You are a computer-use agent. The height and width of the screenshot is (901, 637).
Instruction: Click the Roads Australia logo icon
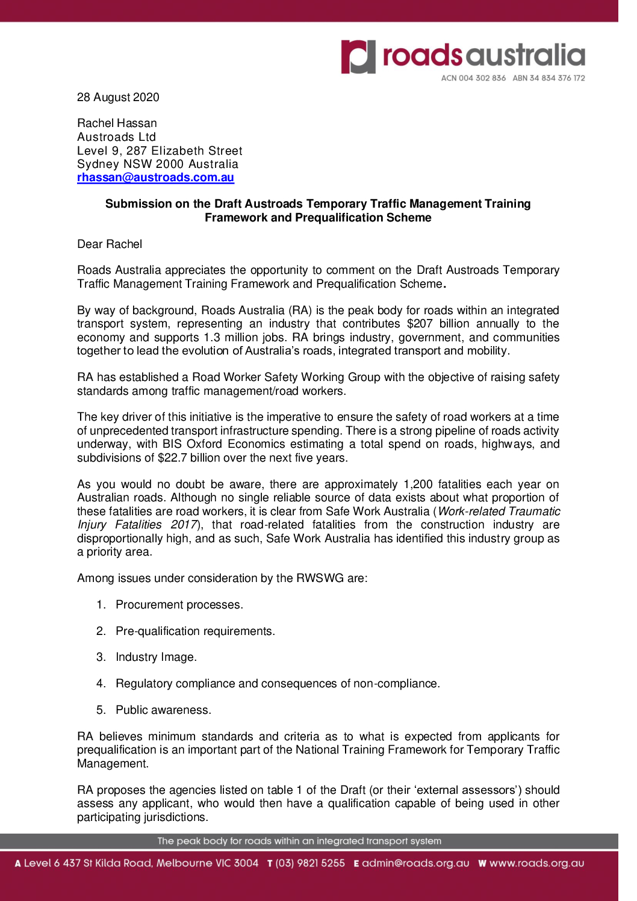pyautogui.click(x=358, y=57)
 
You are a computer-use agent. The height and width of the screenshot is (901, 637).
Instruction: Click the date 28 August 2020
pyautogui.click(x=118, y=98)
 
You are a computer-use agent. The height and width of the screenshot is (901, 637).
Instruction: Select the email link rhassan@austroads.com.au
pyautogui.click(x=155, y=178)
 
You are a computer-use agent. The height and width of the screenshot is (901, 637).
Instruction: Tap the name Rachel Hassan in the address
pyautogui.click(x=117, y=123)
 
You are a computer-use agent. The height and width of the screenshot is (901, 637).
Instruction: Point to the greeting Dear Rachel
pyautogui.click(x=110, y=244)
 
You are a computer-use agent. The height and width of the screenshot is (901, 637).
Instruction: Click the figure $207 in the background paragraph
pyautogui.click(x=420, y=324)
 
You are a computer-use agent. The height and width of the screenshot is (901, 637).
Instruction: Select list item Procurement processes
pyautogui.click(x=179, y=605)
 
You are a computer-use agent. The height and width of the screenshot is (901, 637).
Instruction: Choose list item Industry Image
pyautogui.click(x=156, y=657)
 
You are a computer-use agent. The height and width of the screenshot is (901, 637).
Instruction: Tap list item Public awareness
pyautogui.click(x=163, y=710)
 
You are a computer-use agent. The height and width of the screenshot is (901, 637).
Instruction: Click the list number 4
pyautogui.click(x=101, y=684)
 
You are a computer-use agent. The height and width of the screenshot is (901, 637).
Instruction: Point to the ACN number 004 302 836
pyautogui.click(x=482, y=78)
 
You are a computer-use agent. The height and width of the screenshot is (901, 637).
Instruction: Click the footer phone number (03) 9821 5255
pyautogui.click(x=310, y=863)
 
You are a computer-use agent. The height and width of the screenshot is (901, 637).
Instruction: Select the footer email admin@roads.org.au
pyautogui.click(x=415, y=863)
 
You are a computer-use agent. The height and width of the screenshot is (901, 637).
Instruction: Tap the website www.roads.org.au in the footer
pyautogui.click(x=536, y=863)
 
